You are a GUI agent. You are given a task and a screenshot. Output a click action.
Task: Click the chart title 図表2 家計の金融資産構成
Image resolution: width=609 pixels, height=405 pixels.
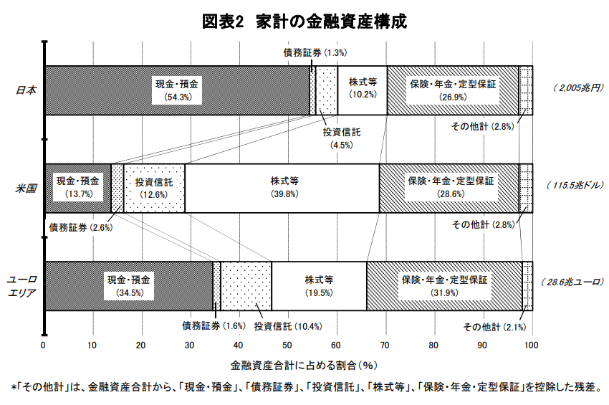pyautogui.click(x=304, y=22)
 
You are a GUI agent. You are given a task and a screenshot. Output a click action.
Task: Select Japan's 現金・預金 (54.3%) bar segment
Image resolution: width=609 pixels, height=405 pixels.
pyautogui.click(x=177, y=90)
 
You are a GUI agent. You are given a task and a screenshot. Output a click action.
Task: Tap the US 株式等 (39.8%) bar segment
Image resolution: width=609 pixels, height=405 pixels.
pyautogui.click(x=282, y=188)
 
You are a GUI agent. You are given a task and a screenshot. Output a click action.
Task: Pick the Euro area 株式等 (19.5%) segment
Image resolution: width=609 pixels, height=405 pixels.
pyautogui.click(x=319, y=286)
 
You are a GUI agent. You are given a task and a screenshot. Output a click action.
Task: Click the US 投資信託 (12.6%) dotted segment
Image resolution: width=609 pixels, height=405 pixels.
pyautogui.click(x=154, y=188)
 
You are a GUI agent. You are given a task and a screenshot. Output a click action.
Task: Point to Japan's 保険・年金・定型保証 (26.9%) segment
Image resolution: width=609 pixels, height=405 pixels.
pyautogui.click(x=453, y=90)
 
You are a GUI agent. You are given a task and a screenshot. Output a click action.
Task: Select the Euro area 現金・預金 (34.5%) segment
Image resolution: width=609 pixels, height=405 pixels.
pyautogui.click(x=129, y=286)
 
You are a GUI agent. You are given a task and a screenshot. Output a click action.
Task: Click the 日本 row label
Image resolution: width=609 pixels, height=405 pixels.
pyautogui.click(x=26, y=90)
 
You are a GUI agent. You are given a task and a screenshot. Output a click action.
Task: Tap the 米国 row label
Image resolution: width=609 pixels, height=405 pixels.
pyautogui.click(x=26, y=189)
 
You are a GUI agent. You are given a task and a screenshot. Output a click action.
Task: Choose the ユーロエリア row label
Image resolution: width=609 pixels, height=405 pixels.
pyautogui.click(x=22, y=286)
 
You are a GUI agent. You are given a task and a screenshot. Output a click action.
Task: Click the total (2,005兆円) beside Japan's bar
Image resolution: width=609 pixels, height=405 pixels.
pyautogui.click(x=578, y=88)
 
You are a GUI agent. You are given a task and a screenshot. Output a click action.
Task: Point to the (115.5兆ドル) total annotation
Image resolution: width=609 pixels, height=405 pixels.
pyautogui.click(x=575, y=186)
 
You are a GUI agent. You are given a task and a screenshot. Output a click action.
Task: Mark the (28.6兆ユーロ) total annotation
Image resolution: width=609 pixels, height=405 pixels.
pyautogui.click(x=572, y=282)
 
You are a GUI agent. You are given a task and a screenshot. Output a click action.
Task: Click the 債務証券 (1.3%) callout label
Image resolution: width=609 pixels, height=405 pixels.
pyautogui.click(x=315, y=52)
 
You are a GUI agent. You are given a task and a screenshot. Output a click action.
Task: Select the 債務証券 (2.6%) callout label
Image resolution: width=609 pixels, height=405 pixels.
pyautogui.click(x=81, y=227)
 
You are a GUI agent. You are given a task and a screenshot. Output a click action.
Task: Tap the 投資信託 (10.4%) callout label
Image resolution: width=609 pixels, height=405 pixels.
pyautogui.click(x=288, y=326)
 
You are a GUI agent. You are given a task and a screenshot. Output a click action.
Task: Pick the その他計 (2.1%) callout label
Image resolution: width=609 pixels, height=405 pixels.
pyautogui.click(x=494, y=327)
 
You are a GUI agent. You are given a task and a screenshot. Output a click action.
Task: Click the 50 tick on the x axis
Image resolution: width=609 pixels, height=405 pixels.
pyautogui.click(x=287, y=345)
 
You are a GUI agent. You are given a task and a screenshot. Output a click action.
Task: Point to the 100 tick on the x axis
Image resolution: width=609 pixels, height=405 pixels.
pyautogui.click(x=531, y=345)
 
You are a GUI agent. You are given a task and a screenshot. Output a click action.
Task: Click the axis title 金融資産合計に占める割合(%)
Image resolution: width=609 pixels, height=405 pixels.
pyautogui.click(x=304, y=366)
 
